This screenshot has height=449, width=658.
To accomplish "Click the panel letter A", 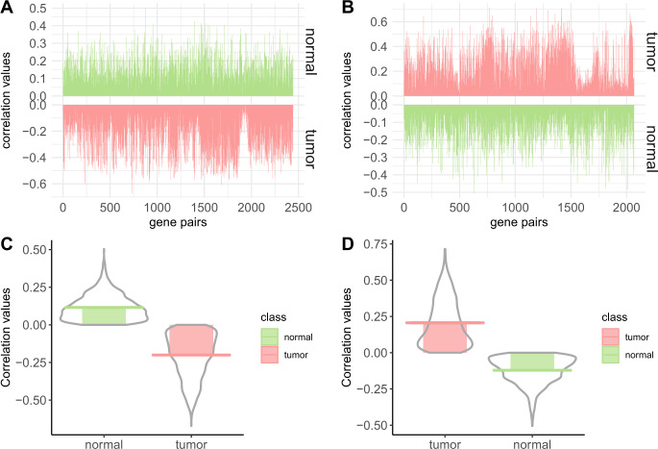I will click(8, 9).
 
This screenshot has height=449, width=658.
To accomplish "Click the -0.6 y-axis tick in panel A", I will click(46, 183).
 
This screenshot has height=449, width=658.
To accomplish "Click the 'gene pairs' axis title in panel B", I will click(519, 223).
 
